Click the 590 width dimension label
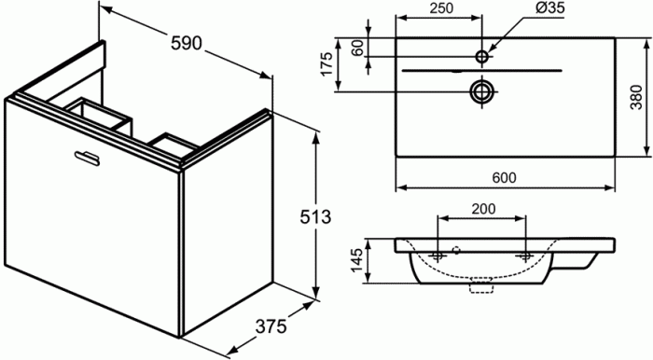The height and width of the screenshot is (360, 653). [187, 43]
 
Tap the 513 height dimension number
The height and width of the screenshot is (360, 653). [315, 216]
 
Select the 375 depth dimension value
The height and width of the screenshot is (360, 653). [271, 326]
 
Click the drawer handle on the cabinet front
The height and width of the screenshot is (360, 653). [87, 159]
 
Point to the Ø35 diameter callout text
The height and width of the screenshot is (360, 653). [549, 7]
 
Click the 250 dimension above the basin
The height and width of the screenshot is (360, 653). [441, 7]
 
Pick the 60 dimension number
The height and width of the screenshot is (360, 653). [357, 48]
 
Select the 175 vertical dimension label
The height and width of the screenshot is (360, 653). [326, 63]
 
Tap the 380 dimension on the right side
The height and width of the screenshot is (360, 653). [636, 97]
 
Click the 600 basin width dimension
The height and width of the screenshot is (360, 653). [505, 178]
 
